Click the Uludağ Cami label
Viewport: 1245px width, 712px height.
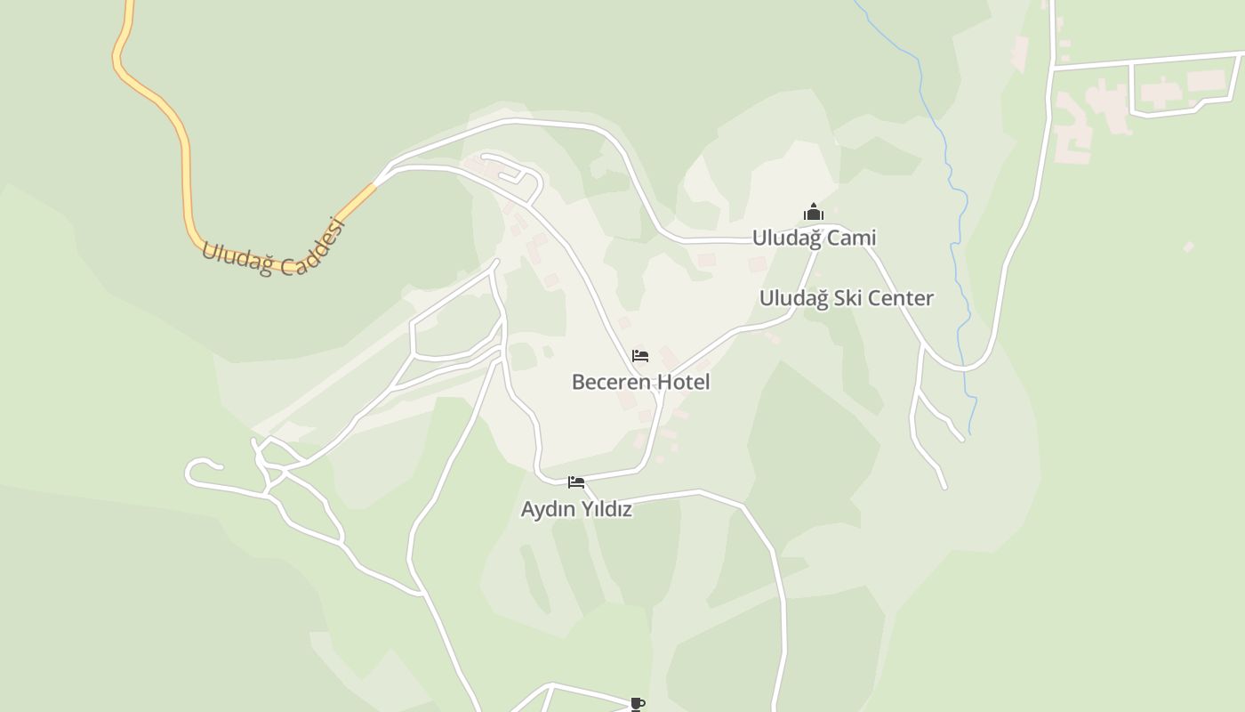click(814, 238)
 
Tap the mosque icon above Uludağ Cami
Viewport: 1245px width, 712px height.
click(814, 213)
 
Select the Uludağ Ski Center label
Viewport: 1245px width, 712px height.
click(846, 298)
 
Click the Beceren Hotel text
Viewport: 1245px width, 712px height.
click(640, 382)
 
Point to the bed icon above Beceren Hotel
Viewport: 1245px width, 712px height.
click(640, 356)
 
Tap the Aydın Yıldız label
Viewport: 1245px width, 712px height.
click(576, 509)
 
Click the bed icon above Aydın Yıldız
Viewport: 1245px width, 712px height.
click(576, 482)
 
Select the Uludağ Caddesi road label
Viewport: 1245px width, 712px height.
click(273, 249)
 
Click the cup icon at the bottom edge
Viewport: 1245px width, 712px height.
click(638, 704)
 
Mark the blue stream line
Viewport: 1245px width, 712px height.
click(952, 178)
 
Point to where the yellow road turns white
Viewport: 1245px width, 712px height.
click(375, 184)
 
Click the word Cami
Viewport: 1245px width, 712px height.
click(851, 238)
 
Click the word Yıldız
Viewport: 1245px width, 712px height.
click(606, 509)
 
